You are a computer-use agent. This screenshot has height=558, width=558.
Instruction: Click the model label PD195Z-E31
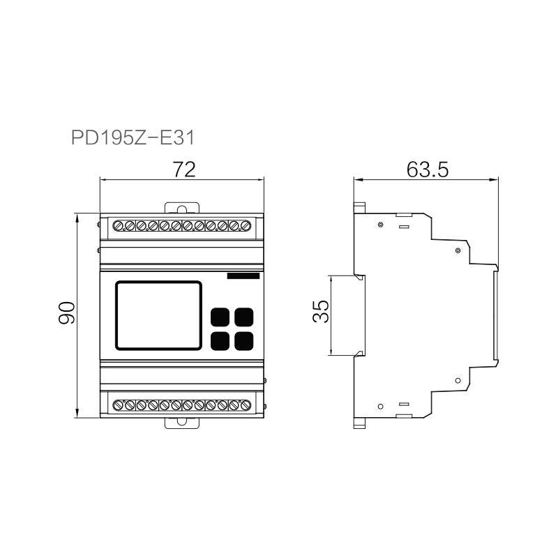tap(133, 137)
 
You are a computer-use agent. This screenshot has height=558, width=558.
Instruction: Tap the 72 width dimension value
tap(184, 169)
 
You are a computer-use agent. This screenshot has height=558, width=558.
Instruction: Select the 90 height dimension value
tap(67, 312)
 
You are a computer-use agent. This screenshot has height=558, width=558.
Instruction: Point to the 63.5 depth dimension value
tap(428, 169)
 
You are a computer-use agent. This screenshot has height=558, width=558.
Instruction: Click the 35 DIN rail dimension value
tap(321, 311)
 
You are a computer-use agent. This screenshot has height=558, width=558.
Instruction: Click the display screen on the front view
tap(159, 315)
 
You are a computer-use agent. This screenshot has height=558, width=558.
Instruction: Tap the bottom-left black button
tap(220, 341)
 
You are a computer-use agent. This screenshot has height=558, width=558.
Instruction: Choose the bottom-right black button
tap(244, 341)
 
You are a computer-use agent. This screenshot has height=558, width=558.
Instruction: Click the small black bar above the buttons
tap(243, 276)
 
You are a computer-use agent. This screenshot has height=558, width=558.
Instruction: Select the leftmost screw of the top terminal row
tap(118, 225)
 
